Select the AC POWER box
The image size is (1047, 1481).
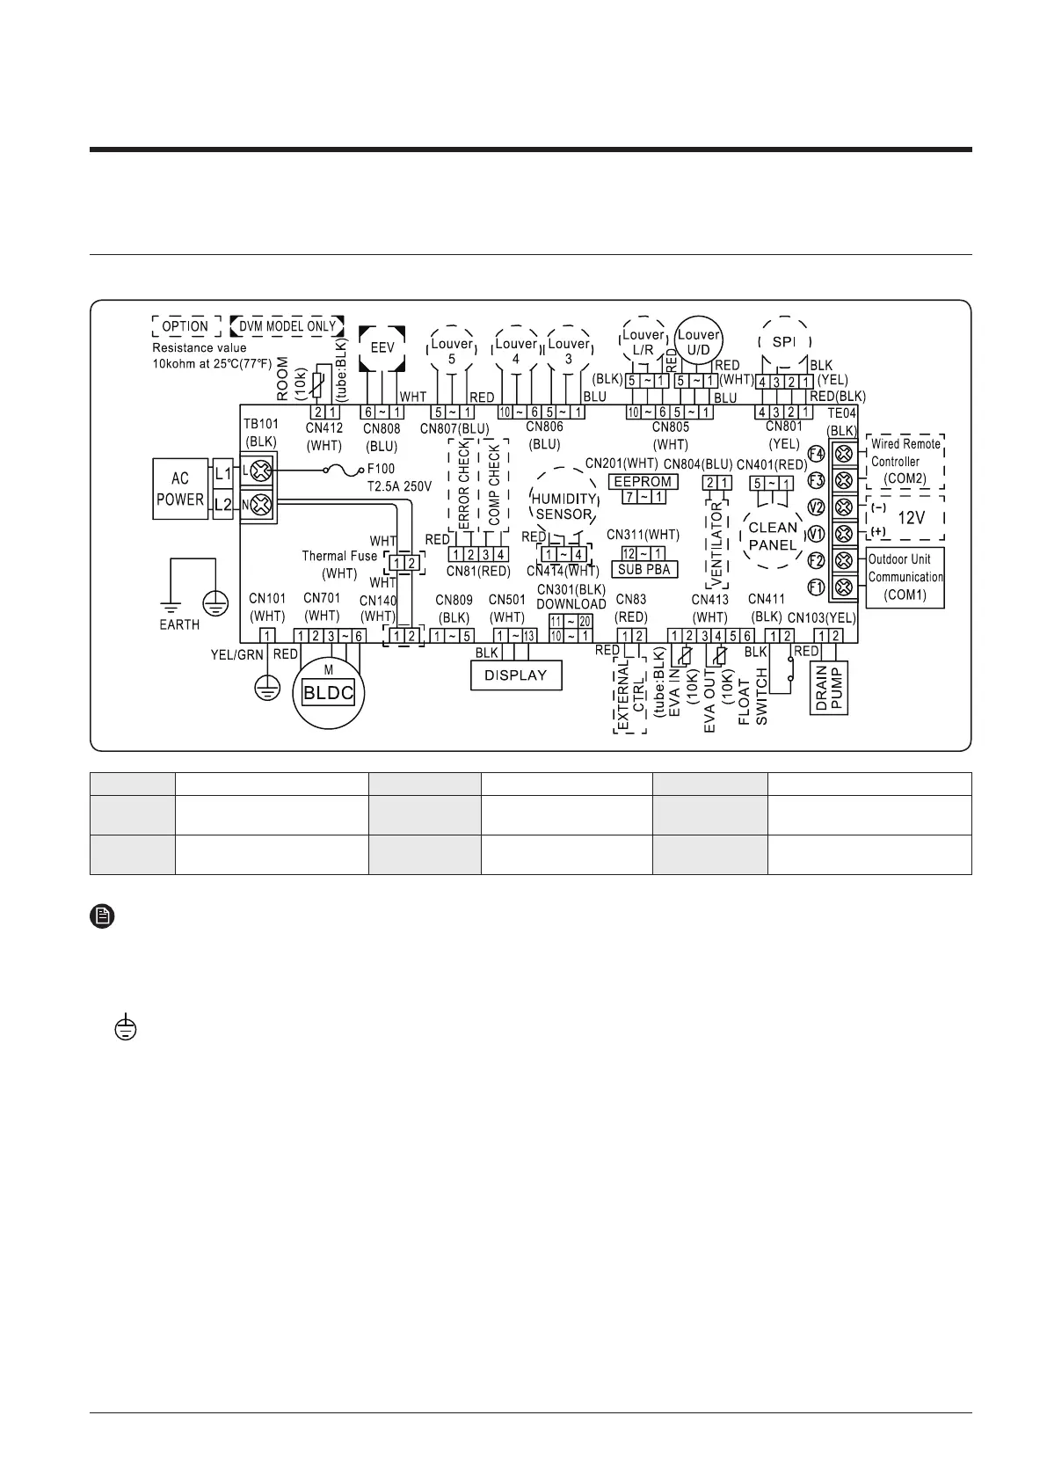[180, 488]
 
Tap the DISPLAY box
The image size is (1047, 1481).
[516, 675]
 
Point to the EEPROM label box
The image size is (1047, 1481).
[643, 482]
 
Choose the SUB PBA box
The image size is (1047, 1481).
[644, 569]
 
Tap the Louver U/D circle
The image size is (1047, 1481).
[698, 342]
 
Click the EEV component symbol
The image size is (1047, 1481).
[382, 347]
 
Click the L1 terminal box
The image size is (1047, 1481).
[222, 473]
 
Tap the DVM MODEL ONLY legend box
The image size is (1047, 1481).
[287, 325]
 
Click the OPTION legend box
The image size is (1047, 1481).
[185, 325]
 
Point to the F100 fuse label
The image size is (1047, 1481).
[382, 469]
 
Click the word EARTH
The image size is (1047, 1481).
[179, 624]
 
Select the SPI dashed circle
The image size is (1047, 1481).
[783, 341]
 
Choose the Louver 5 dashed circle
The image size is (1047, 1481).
[452, 349]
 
